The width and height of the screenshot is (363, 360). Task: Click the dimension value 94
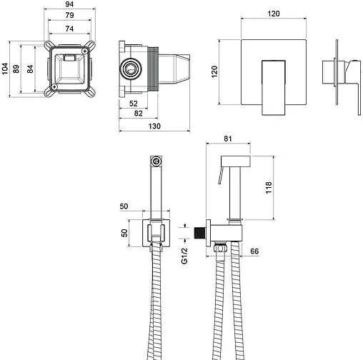[x=69, y=4]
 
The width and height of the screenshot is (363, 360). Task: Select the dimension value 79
[x=69, y=15]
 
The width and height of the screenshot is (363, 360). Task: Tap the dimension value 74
[x=69, y=29]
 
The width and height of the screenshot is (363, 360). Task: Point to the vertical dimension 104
[x=4, y=69]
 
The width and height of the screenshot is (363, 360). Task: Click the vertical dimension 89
[x=16, y=69]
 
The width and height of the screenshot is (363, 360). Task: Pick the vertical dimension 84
[x=30, y=69]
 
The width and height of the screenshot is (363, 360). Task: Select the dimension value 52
[x=134, y=104]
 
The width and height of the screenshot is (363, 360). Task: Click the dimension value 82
[x=138, y=113]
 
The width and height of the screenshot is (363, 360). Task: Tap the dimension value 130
[x=154, y=126]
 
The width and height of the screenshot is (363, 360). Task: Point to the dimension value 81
[x=228, y=139]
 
